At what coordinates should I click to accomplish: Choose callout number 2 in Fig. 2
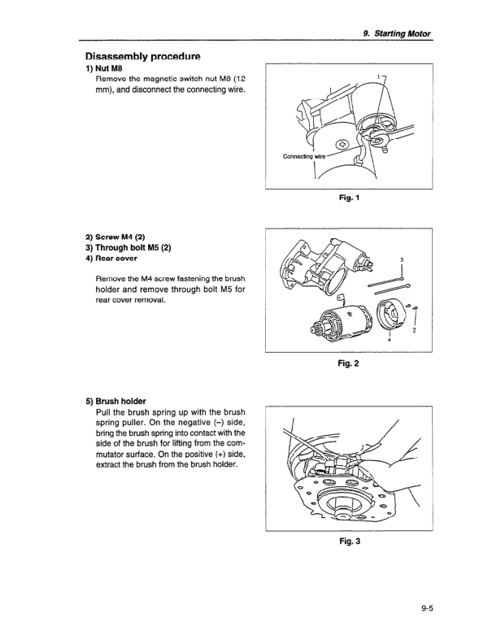[x=416, y=330]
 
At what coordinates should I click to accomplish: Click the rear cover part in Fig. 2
[x=381, y=312]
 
